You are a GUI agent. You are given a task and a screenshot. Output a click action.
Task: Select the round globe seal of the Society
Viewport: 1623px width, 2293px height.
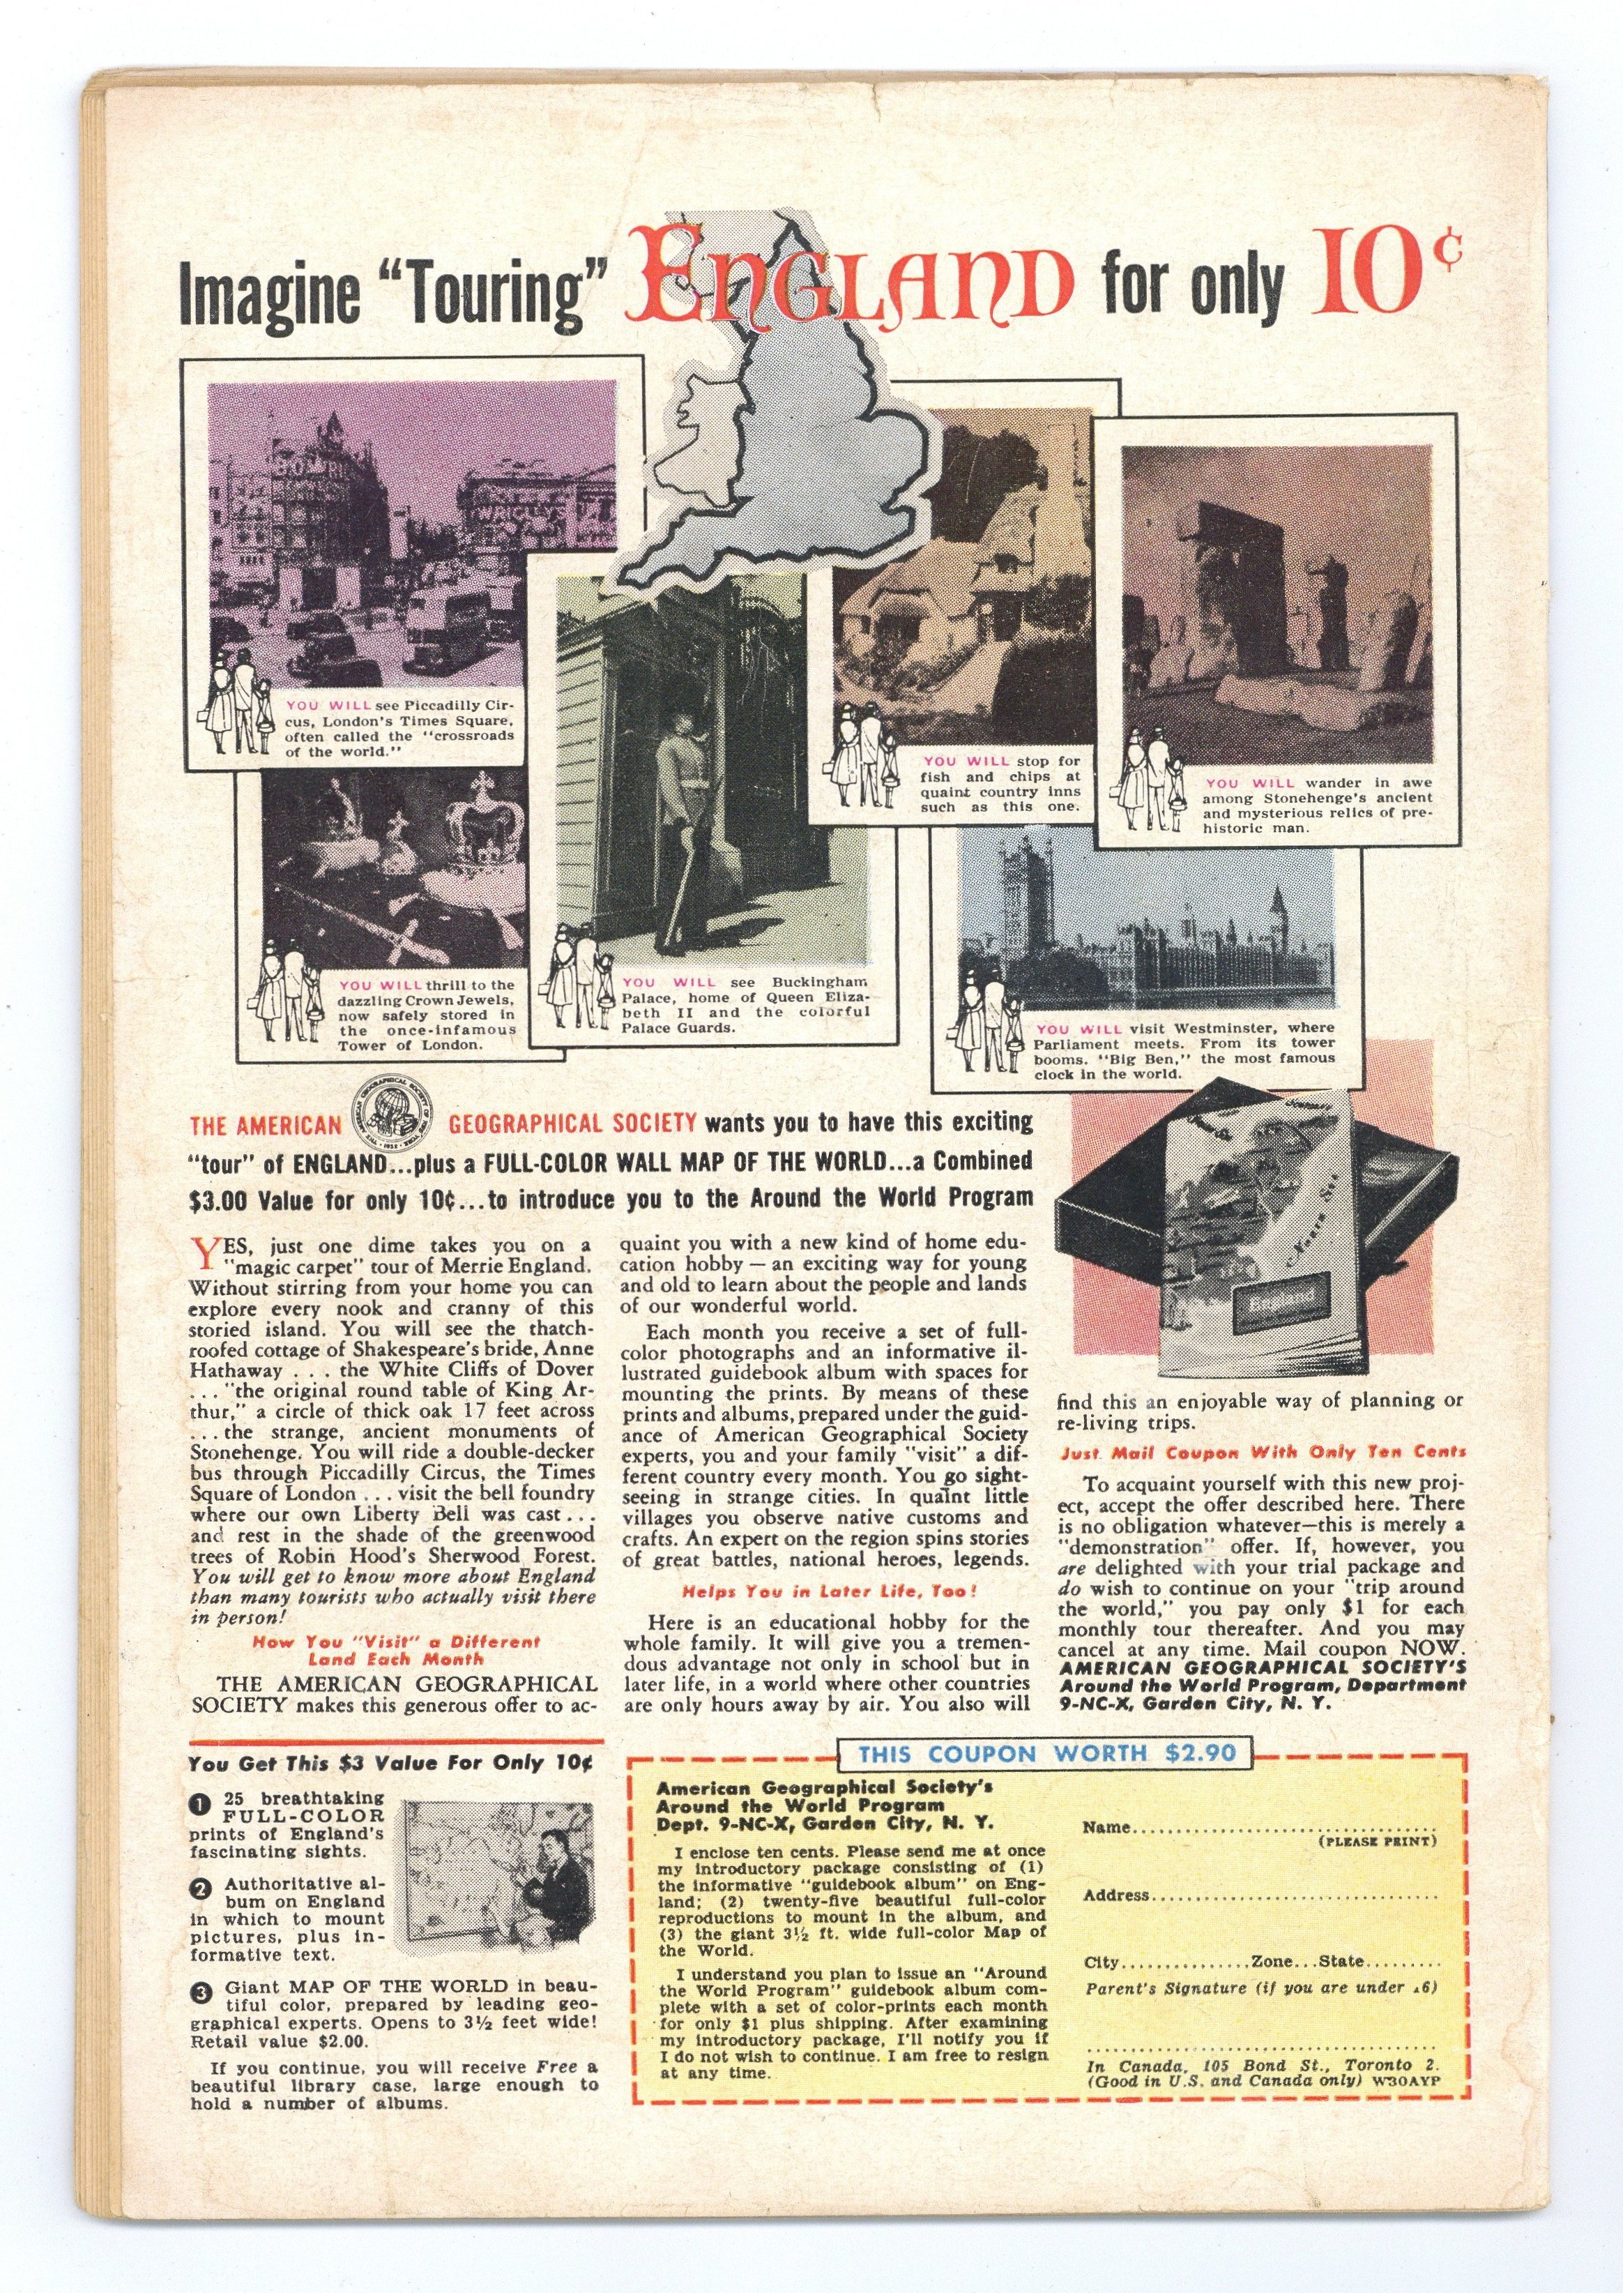click(394, 1123)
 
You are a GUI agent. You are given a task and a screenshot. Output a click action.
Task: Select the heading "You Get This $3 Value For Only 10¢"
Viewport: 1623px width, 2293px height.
click(390, 1763)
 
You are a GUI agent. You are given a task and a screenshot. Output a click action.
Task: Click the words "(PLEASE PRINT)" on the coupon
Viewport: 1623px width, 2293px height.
click(1377, 1841)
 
